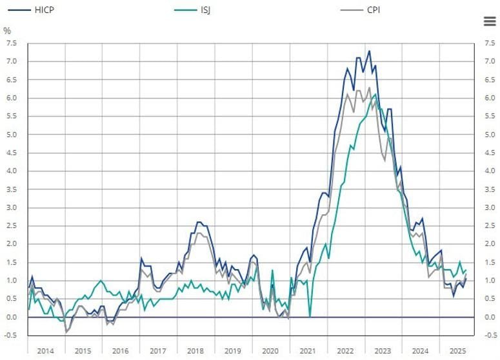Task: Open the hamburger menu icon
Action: [490, 21]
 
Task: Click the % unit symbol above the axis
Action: [7, 30]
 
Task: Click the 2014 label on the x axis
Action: [46, 351]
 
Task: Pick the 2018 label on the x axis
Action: [195, 351]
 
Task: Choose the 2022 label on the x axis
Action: [345, 351]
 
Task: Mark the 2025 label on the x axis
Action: [457, 351]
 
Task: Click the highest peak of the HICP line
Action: [369, 51]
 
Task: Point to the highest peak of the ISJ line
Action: [375, 94]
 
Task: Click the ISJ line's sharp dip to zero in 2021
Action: [310, 316]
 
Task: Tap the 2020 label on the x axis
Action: [270, 351]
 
